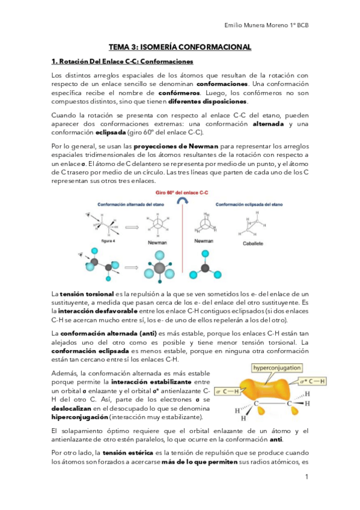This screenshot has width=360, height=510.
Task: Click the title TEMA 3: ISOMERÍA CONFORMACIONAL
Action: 179,47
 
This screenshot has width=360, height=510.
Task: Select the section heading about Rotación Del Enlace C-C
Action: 122,61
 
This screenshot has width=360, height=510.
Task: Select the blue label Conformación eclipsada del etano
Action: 249,203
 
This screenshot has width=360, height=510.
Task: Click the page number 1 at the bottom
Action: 307,478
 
